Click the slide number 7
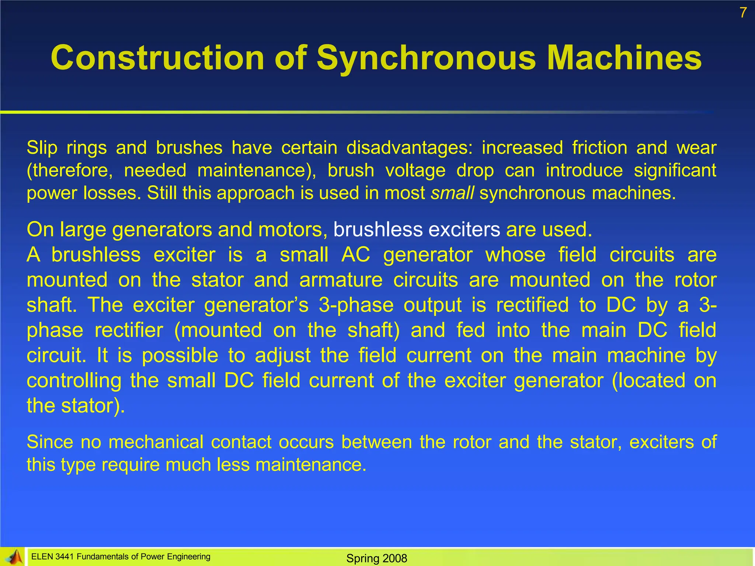(743, 13)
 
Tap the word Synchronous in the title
(426, 58)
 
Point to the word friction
(599, 148)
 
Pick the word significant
(675, 171)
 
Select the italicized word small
(452, 193)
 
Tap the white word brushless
(378, 230)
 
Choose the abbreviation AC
(356, 255)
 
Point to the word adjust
(283, 356)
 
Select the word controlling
(74, 381)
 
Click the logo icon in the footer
(14, 556)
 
